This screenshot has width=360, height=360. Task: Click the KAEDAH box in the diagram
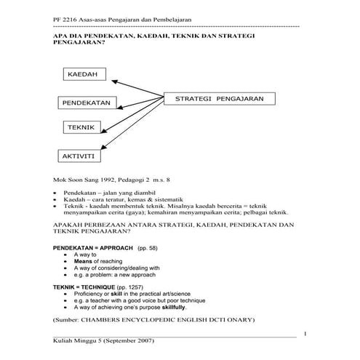click(86, 75)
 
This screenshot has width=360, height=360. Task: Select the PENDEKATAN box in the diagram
click(86, 103)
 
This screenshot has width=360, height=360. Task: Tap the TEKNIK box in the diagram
click(81, 127)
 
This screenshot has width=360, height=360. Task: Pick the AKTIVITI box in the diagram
click(81, 155)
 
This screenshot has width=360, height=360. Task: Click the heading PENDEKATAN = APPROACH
click(93, 249)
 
